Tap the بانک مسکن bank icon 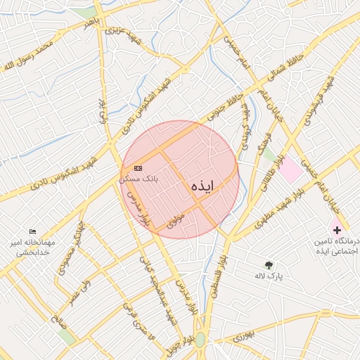pyautogui.click(x=138, y=168)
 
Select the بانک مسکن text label pyautogui.click(x=139, y=179)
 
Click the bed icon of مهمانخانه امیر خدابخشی pyautogui.click(x=32, y=231)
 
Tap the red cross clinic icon pyautogui.click(x=337, y=230)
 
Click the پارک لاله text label pyautogui.click(x=269, y=276)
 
